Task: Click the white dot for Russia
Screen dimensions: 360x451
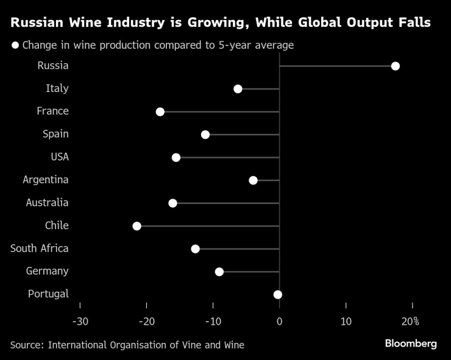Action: [395, 66]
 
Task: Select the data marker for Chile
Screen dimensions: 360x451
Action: [137, 226]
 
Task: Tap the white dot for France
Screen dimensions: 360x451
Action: [160, 111]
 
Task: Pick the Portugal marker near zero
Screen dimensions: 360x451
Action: [278, 294]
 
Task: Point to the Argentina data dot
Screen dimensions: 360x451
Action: [253, 180]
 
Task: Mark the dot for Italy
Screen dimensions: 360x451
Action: [238, 89]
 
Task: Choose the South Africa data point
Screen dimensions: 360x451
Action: [195, 249]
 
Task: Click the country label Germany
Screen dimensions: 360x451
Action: [48, 271]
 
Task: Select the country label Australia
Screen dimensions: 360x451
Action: [47, 203]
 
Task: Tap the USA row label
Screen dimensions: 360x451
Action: [59, 157]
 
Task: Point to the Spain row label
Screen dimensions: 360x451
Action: [55, 134]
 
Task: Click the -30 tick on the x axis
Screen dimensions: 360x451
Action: [80, 321]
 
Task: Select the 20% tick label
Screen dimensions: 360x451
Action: [411, 321]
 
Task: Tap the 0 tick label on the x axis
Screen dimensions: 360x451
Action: [279, 321]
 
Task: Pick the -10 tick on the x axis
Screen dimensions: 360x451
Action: [213, 321]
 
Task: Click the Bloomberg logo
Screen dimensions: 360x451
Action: [410, 344]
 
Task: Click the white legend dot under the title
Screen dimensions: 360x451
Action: [15, 45]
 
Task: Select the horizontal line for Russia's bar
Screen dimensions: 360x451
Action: [335, 66]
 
